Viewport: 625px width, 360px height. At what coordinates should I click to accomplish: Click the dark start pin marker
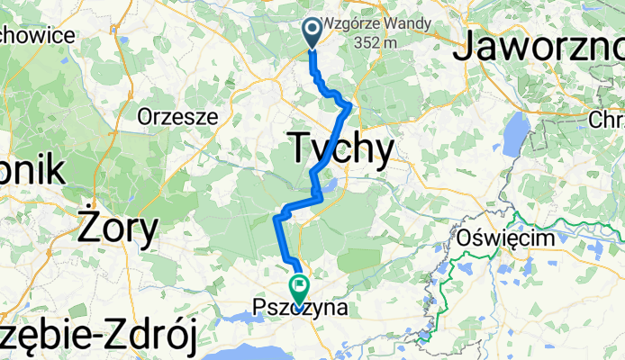[x=312, y=32]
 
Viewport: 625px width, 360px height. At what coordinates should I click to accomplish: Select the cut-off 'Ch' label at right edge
[x=606, y=119]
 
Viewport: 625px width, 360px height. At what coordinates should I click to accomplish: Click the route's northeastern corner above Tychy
[x=349, y=106]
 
